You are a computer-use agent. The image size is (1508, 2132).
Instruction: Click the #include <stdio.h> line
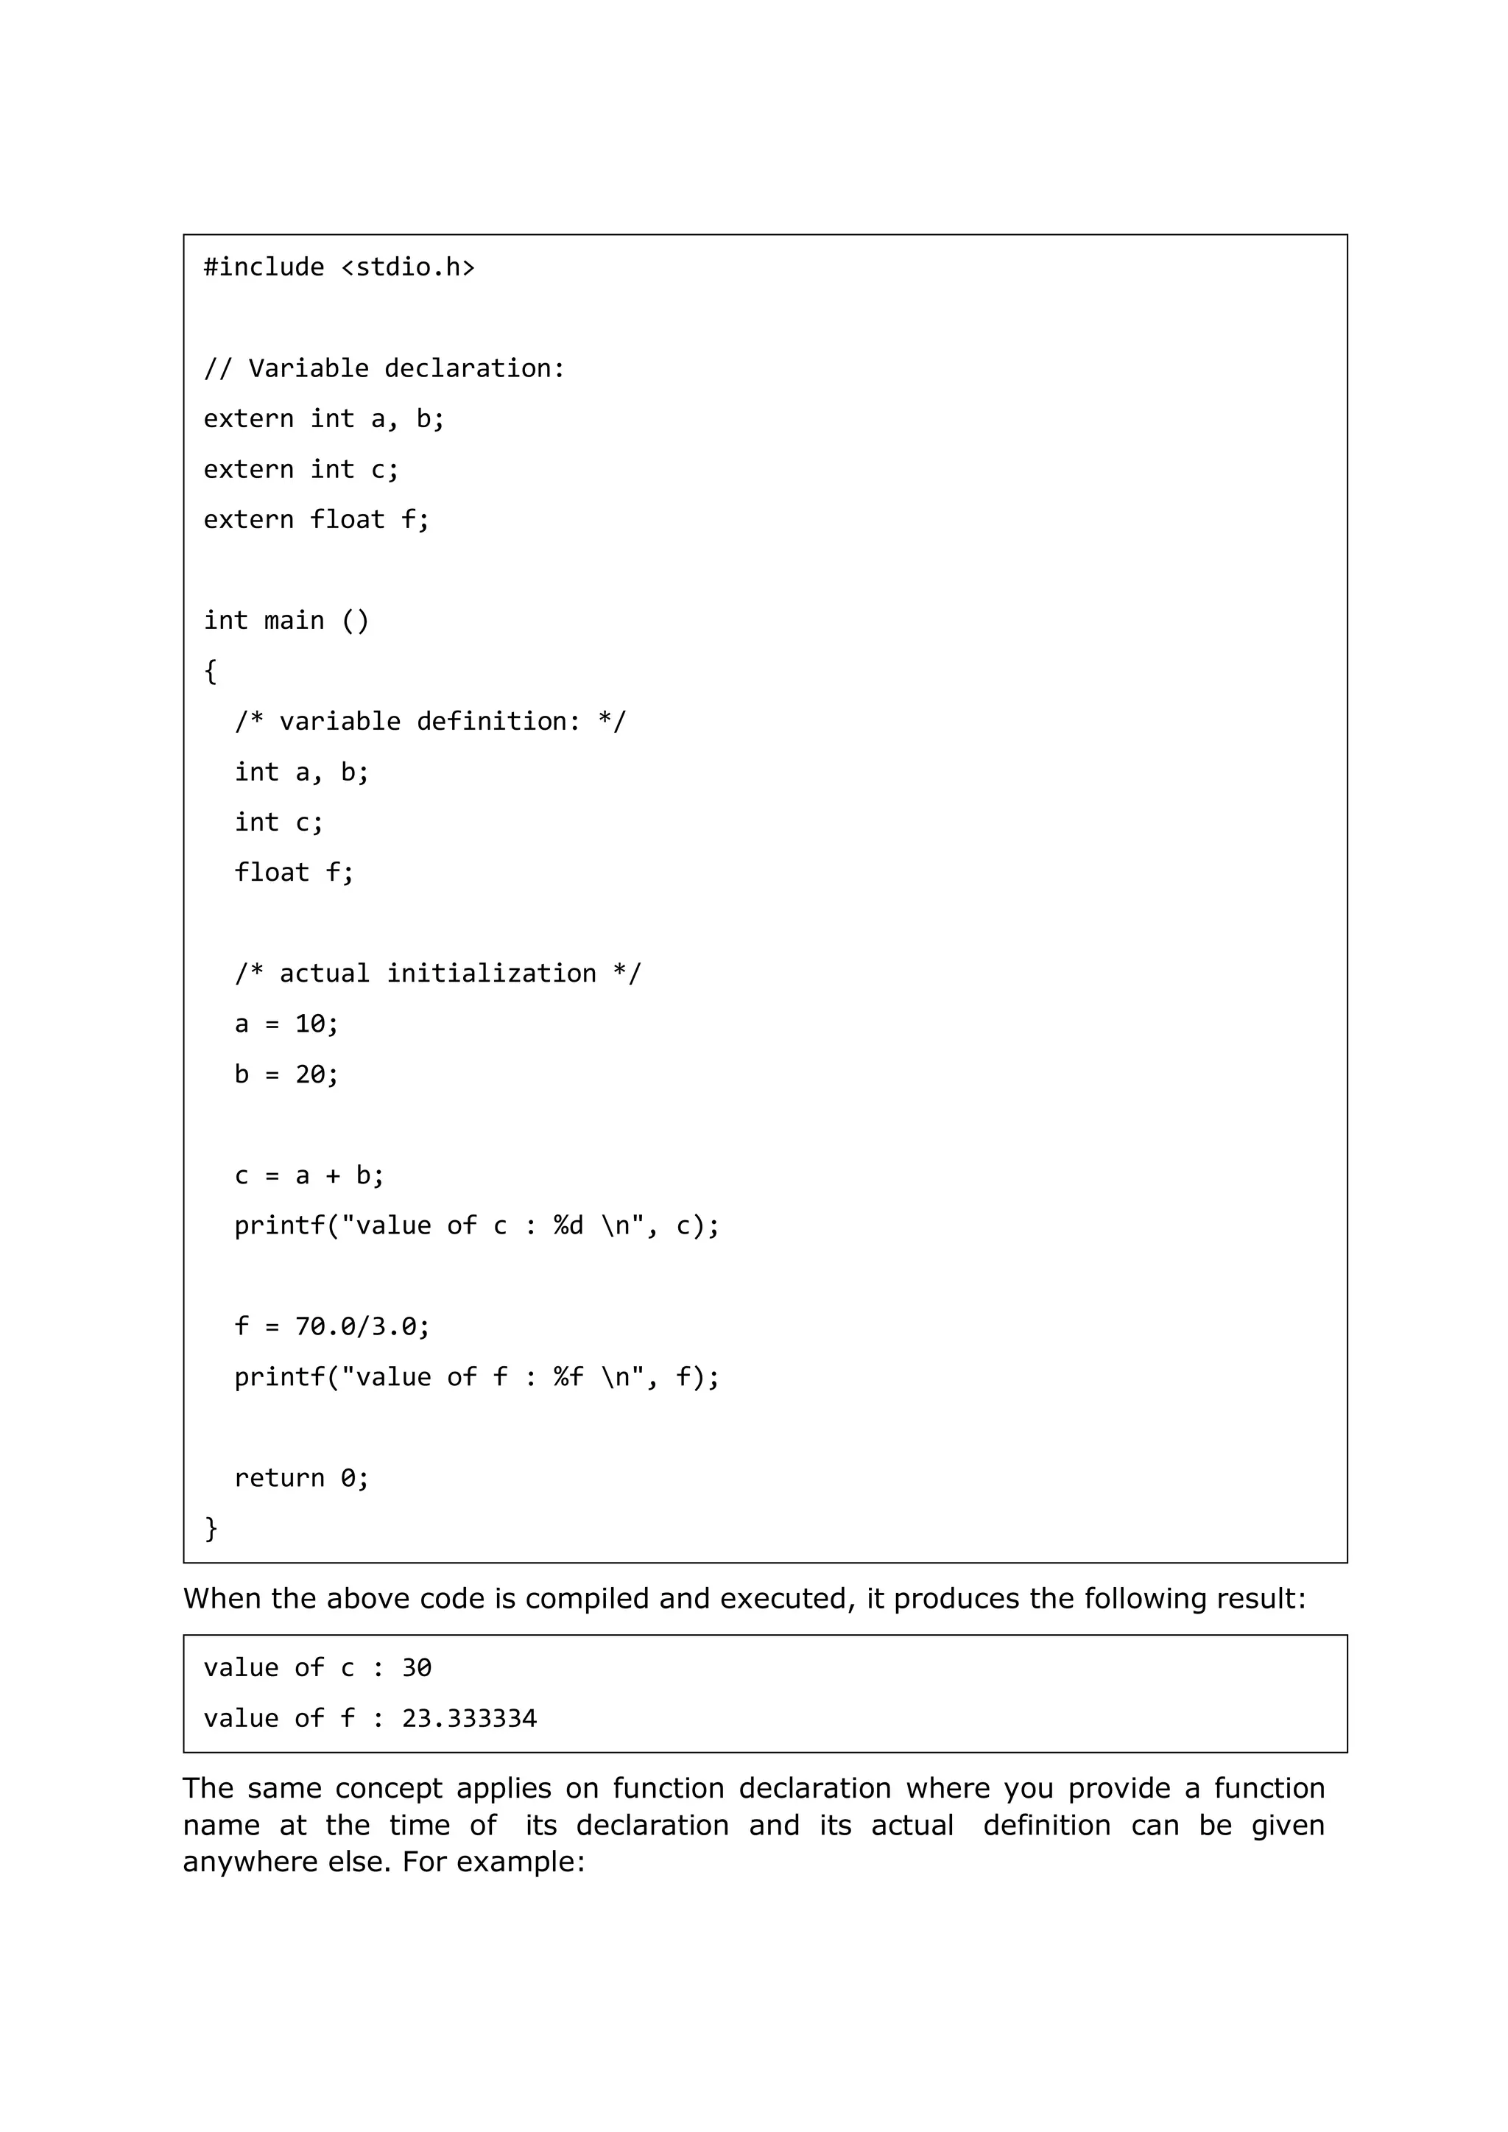(339, 267)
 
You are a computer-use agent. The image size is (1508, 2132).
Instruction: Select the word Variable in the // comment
(309, 369)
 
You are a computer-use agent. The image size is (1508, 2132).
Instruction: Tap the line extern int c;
(301, 470)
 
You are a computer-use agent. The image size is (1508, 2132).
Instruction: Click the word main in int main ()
(294, 620)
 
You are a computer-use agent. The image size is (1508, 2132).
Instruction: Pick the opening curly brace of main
(211, 670)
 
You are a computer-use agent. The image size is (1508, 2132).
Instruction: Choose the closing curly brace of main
(211, 1527)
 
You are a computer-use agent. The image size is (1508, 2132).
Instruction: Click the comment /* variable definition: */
(430, 722)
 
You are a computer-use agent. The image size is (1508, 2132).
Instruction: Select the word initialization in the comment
(491, 973)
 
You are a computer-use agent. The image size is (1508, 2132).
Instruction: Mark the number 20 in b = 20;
(309, 1074)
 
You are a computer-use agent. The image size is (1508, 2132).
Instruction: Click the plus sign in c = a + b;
(331, 1175)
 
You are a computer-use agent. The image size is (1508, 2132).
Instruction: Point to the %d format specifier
(568, 1225)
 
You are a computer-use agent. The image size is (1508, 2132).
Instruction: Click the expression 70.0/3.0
(356, 1327)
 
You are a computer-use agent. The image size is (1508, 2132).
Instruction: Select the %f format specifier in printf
(568, 1377)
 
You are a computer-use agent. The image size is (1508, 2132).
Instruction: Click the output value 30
(416, 1669)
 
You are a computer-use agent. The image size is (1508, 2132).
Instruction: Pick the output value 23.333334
(469, 1719)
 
